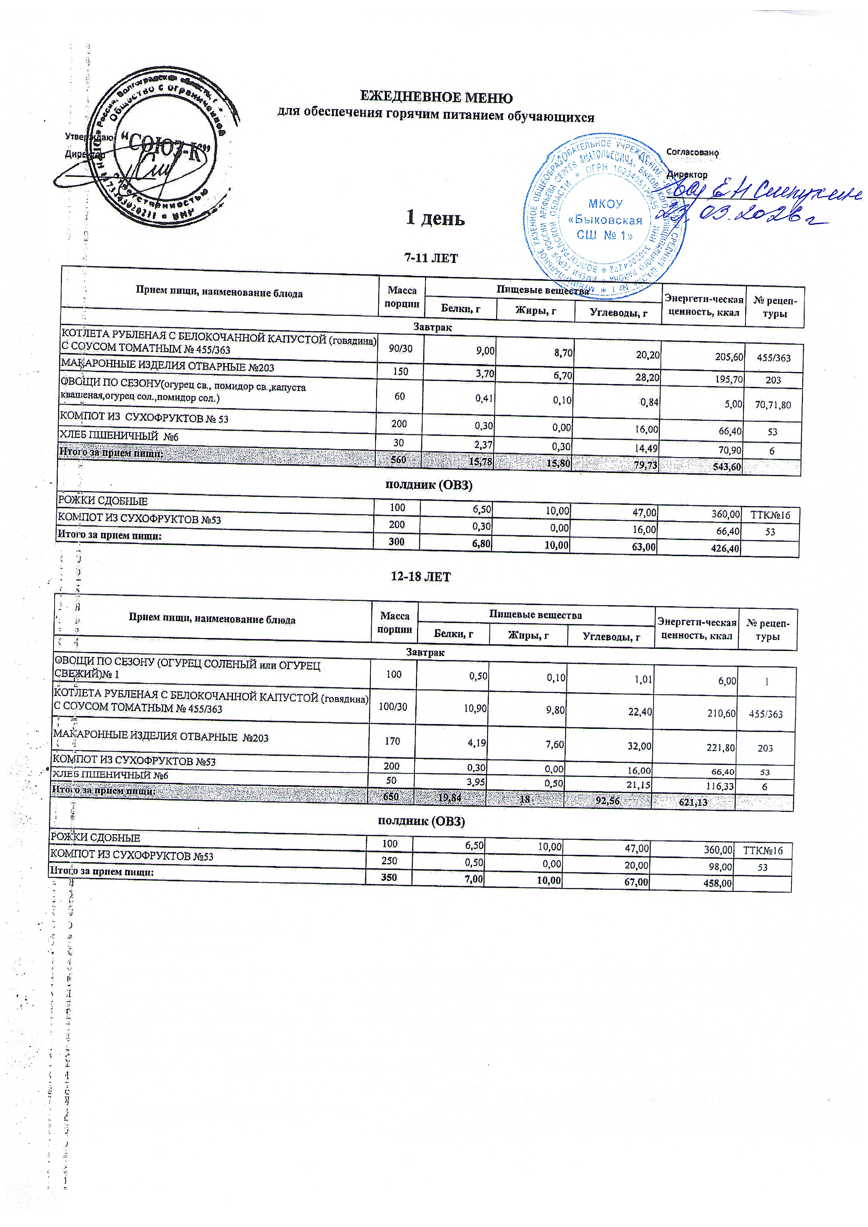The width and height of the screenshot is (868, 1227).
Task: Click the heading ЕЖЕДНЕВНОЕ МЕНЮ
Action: pos(436,98)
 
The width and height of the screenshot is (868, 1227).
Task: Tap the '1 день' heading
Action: pos(435,219)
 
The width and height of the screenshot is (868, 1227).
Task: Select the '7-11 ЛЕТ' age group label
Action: pos(431,258)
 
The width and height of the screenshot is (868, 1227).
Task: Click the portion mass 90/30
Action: pos(400,348)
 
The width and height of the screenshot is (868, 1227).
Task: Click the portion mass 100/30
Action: pos(393,707)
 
